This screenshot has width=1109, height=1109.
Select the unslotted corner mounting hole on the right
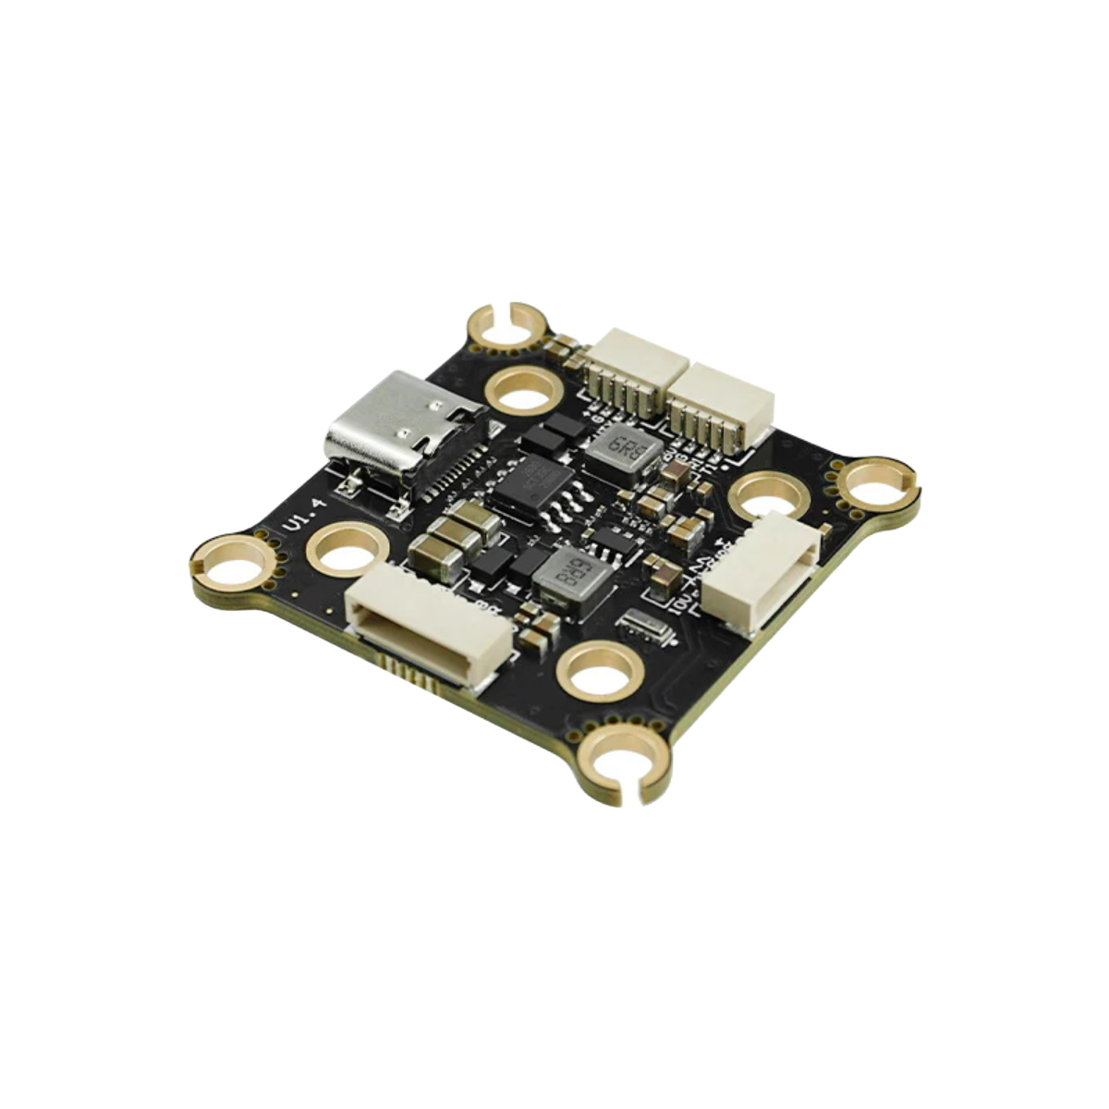[x=873, y=484]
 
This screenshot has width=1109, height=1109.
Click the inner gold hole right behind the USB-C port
[x=526, y=390]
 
